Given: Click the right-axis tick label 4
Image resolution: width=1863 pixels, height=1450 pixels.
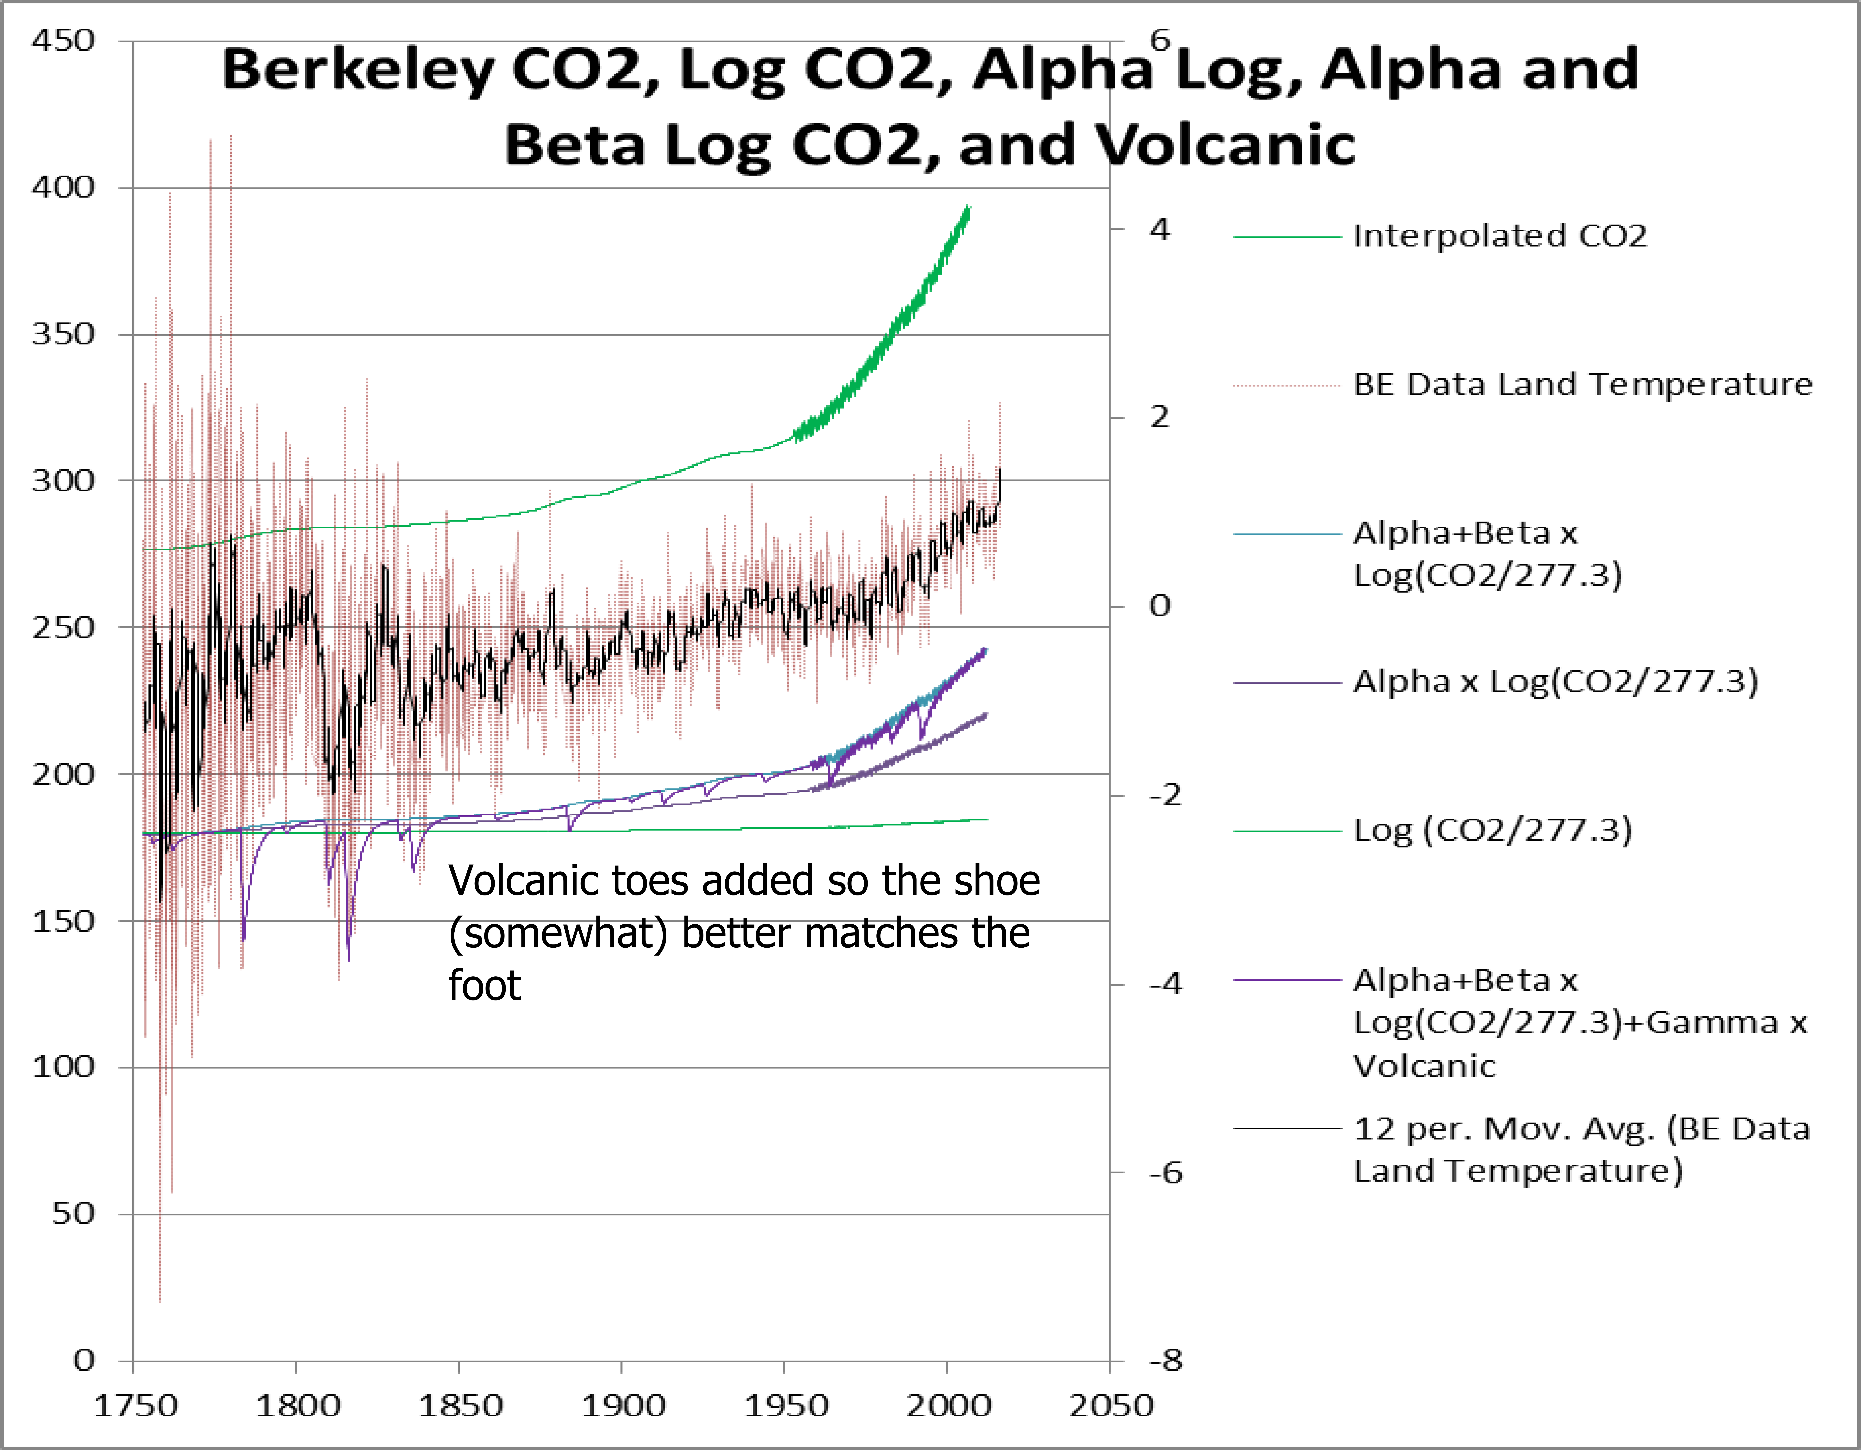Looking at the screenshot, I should tap(1159, 229).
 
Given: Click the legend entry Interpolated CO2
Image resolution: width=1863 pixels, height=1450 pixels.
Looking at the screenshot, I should tap(1499, 236).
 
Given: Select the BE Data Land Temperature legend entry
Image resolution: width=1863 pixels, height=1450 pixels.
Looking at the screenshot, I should tap(1582, 385).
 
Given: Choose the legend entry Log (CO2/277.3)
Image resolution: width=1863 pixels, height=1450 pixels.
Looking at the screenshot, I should tap(1493, 830).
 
